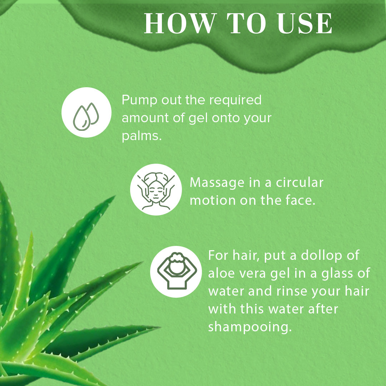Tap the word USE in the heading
click(305, 23)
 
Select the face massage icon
click(156, 189)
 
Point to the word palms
click(142, 135)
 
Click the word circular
click(300, 183)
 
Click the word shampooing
click(250, 327)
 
